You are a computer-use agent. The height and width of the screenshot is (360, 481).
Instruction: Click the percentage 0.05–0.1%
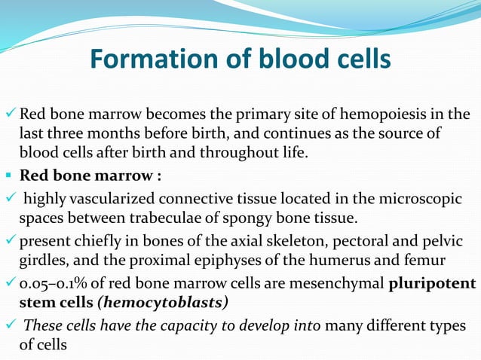coord(54,284)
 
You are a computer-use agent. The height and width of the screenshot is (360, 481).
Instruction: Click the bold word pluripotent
coord(432,284)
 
